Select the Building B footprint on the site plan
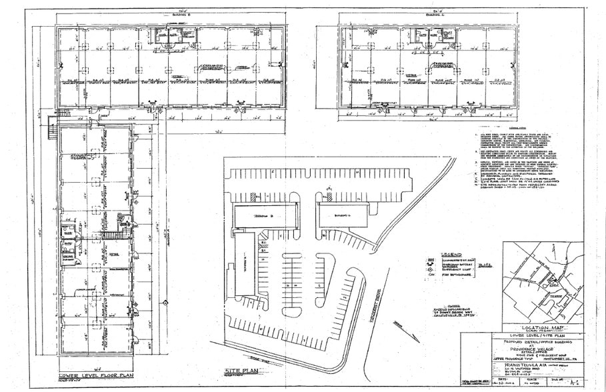[258, 217]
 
